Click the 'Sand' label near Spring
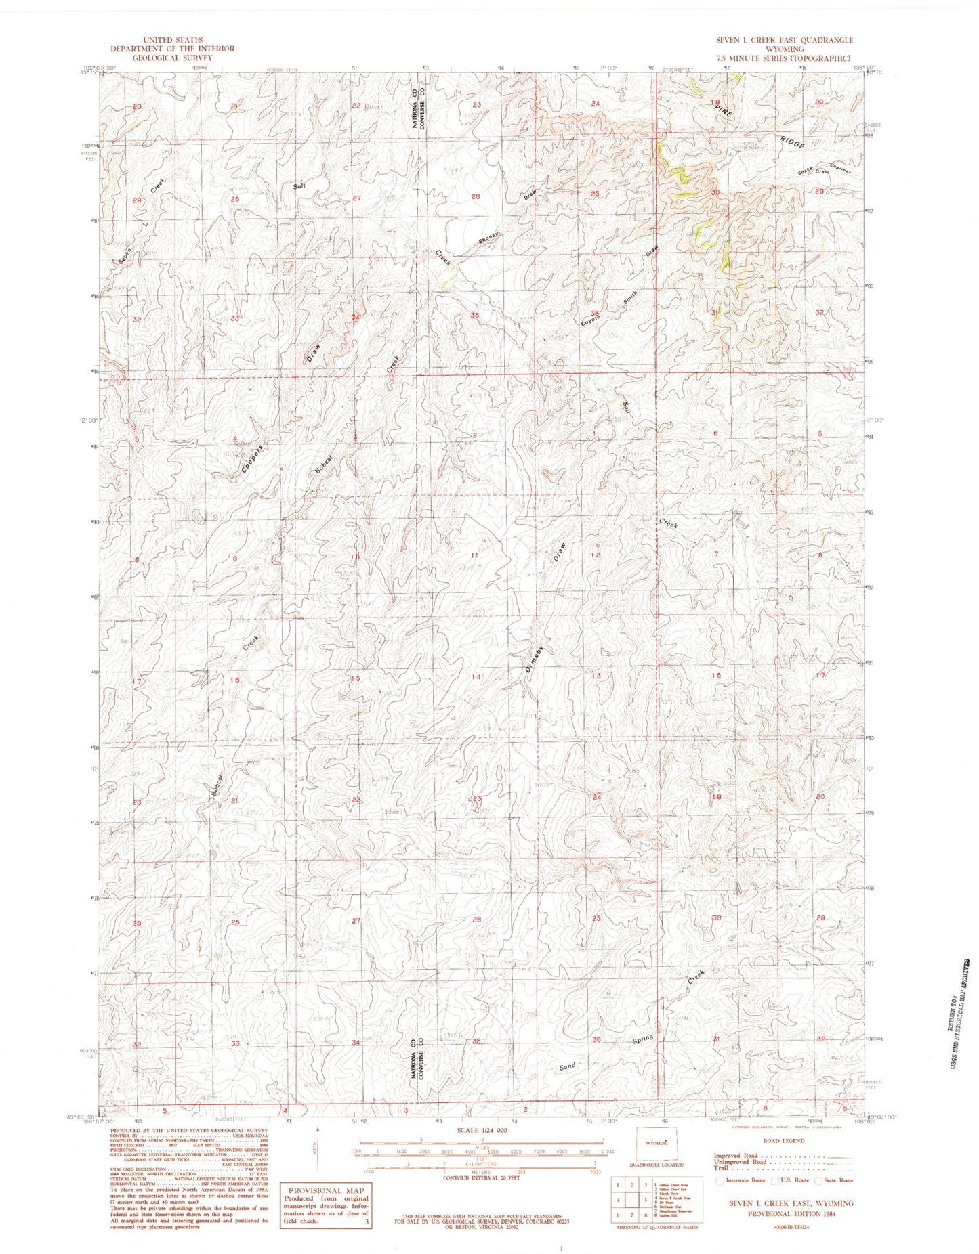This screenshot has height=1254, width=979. point(567,1066)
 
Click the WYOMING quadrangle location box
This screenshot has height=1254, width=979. point(654,1144)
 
